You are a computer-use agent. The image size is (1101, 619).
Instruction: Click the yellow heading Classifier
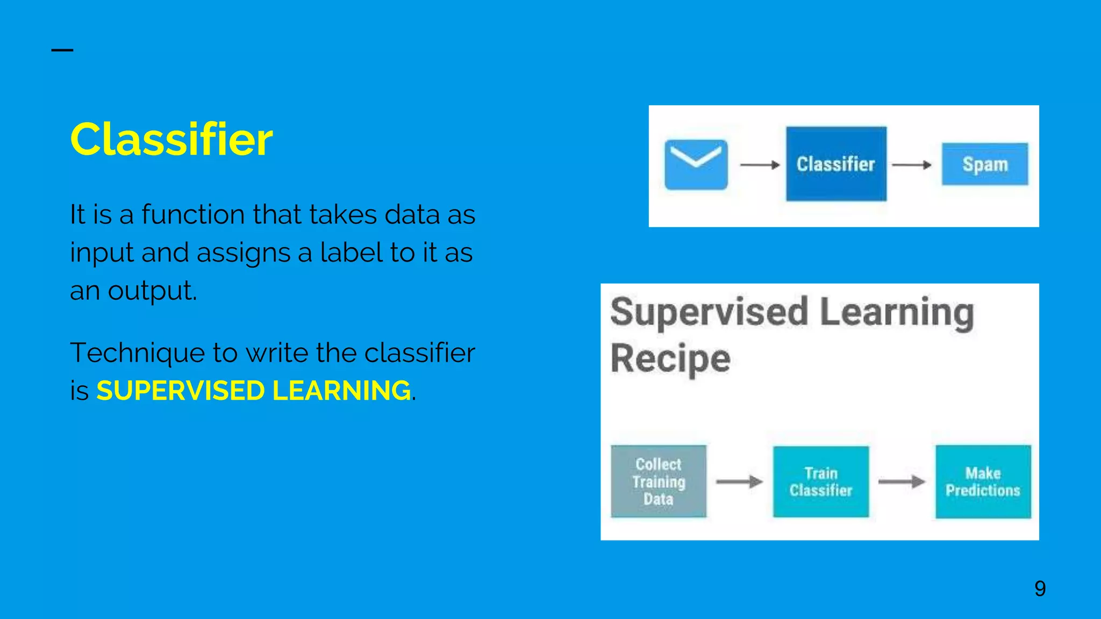pos(171,140)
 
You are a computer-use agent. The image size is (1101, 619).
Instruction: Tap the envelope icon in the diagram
pos(696,164)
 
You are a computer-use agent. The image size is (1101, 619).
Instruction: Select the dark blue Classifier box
pos(835,164)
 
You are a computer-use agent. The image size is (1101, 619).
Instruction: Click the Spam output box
pos(984,164)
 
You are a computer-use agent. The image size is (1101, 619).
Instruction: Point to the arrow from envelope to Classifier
pos(759,165)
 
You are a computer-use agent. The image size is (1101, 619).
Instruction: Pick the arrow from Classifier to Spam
pos(911,165)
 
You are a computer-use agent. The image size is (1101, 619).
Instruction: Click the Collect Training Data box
pos(658,481)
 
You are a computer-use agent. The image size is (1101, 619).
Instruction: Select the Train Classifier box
pos(820,481)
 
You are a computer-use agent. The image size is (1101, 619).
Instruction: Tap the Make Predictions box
pos(983,481)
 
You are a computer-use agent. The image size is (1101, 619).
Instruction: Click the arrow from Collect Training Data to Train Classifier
pos(739,481)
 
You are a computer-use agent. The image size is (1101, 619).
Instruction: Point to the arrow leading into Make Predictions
pos(902,481)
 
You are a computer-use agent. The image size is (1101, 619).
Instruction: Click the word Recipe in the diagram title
pos(670,358)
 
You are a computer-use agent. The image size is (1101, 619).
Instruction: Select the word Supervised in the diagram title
pos(709,312)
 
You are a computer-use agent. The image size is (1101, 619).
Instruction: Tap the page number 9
pos(1040,589)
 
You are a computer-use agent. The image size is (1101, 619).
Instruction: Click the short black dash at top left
pos(62,50)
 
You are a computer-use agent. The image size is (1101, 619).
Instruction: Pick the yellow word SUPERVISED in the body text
pos(180,391)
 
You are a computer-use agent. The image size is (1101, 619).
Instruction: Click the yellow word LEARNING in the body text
pos(341,391)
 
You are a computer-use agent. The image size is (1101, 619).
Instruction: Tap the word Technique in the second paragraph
pos(137,353)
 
